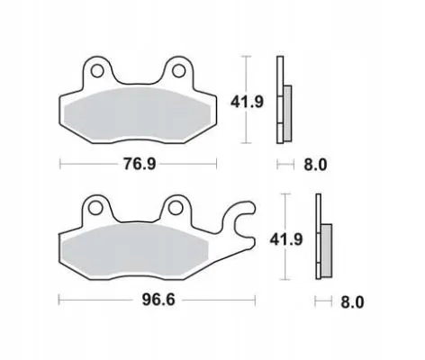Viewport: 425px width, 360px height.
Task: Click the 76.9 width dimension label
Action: [140, 164]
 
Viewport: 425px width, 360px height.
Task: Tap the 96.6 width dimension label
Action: [158, 300]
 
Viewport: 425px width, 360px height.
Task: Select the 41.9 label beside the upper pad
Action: [247, 102]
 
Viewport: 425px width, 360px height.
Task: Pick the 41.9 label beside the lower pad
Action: [286, 239]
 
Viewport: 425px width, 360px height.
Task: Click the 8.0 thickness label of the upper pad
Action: [315, 165]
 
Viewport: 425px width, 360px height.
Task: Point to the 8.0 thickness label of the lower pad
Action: [352, 302]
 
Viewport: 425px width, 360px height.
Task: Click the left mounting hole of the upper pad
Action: [97, 71]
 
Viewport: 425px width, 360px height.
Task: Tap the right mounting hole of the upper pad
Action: [178, 71]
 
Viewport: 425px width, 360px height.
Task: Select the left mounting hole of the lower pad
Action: [95, 208]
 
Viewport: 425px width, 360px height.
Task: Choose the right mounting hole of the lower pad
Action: [175, 208]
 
